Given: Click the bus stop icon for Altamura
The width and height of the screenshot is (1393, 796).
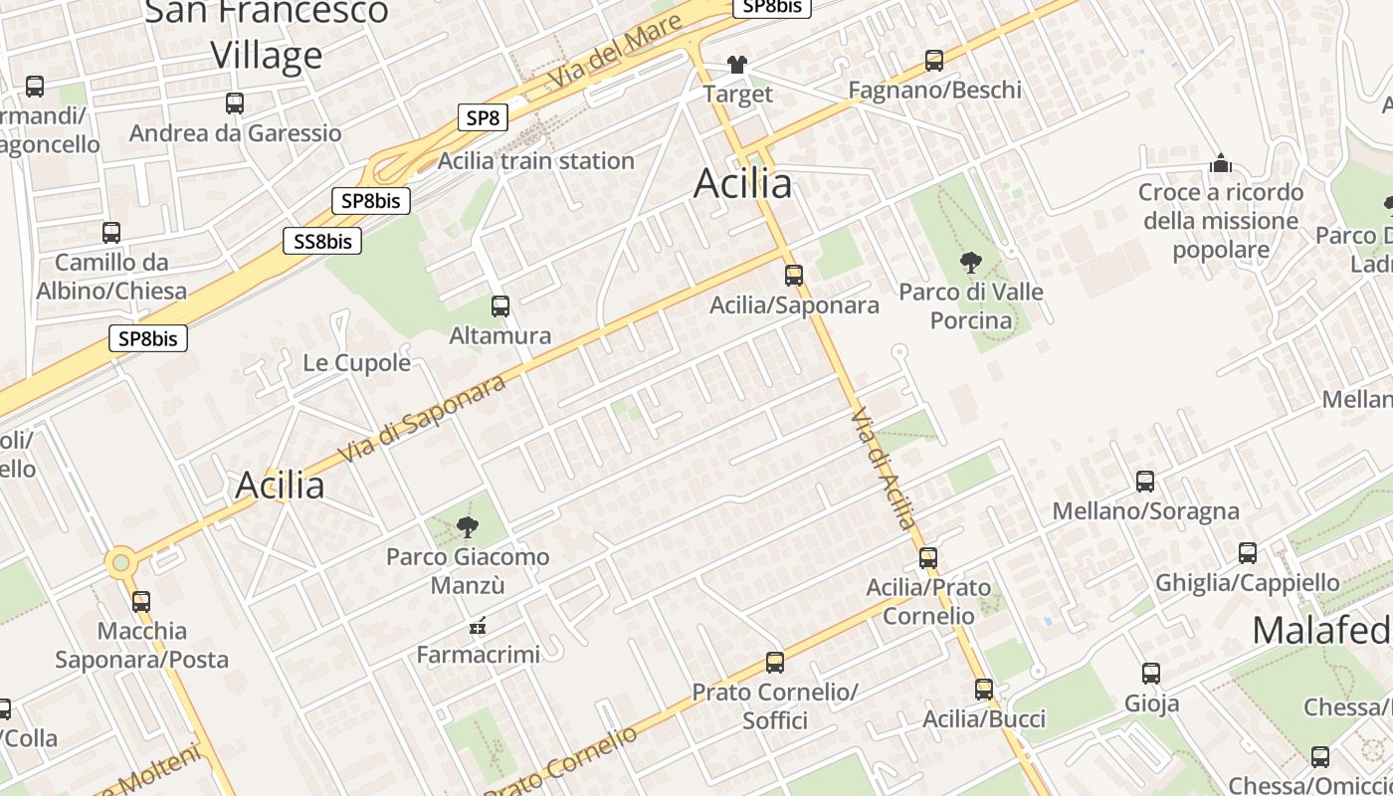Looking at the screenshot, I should click(x=500, y=306).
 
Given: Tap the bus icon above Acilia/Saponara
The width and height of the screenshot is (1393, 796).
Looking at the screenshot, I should click(x=794, y=276).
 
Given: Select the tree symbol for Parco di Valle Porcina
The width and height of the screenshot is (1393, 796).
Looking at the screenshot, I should click(x=970, y=263).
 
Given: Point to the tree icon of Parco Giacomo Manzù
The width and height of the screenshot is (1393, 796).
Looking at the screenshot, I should click(x=467, y=527).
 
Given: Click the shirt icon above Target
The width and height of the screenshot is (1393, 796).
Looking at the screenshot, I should click(x=736, y=66).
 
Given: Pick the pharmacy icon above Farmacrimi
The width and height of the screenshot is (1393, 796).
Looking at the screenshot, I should click(x=478, y=626).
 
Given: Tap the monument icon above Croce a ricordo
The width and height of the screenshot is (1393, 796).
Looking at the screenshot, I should click(x=1220, y=163).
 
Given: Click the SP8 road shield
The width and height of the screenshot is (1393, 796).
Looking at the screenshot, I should click(x=483, y=118).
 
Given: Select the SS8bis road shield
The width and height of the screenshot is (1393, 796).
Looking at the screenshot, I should click(x=322, y=241).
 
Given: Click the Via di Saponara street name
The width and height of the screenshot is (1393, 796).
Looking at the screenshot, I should click(x=422, y=419).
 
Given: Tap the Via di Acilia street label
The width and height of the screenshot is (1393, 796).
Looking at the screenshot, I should click(x=884, y=468).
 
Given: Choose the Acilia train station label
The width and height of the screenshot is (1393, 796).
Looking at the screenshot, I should click(x=535, y=160).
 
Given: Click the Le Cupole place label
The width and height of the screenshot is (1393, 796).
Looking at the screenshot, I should click(x=356, y=362).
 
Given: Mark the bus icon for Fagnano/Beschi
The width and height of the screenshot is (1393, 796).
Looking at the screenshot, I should click(x=934, y=61).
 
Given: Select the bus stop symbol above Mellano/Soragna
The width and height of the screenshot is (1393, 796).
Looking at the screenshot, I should click(x=1145, y=482).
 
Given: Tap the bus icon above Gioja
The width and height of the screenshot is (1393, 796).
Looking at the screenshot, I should click(x=1151, y=674).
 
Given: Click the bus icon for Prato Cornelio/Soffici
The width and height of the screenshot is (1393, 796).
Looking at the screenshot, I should click(x=775, y=662).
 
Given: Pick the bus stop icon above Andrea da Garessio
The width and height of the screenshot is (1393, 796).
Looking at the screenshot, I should click(x=235, y=103).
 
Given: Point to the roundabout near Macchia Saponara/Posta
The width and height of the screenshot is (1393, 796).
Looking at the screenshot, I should click(x=121, y=563).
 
